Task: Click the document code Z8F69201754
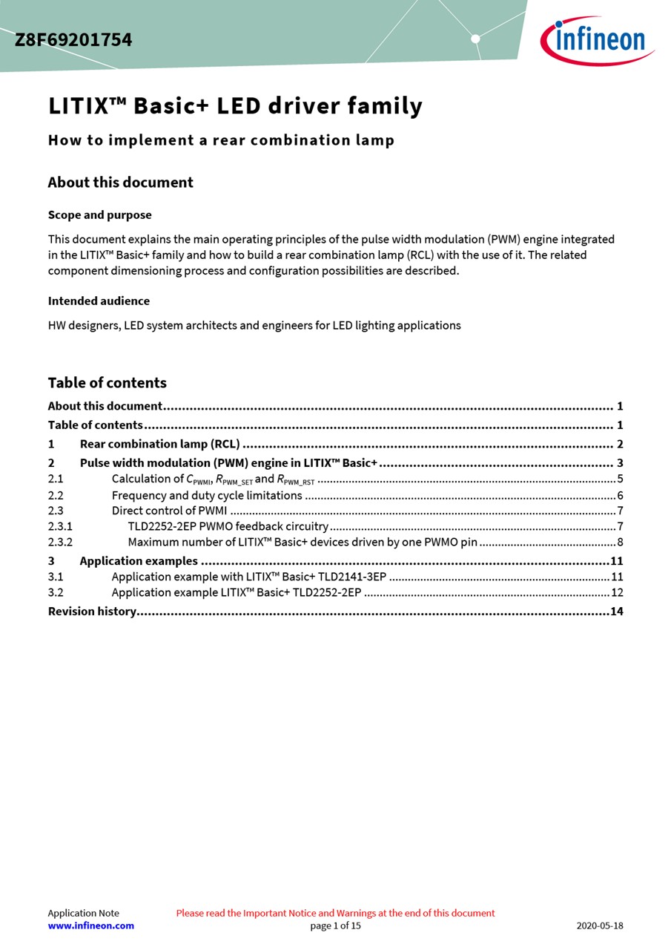coord(73,40)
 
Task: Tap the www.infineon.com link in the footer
coord(91,926)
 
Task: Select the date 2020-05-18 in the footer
coord(600,926)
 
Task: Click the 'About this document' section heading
coord(120,183)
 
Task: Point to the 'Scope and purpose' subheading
coord(99,215)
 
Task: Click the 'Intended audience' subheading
coord(99,301)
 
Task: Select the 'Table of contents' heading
coord(107,383)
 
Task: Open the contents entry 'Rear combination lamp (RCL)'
coord(159,445)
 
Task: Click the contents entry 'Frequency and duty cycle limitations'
coord(207,495)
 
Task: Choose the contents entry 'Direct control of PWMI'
coord(169,511)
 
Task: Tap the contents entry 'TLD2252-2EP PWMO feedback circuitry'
coord(228,526)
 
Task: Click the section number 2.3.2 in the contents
coord(60,542)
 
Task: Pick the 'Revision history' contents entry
coord(92,612)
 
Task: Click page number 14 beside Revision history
coord(617,612)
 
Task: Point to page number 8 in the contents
coord(620,542)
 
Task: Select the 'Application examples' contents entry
coord(139,561)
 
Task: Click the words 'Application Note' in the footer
coord(83,913)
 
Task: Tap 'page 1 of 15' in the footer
coord(335,926)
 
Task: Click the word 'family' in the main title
coord(386,106)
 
